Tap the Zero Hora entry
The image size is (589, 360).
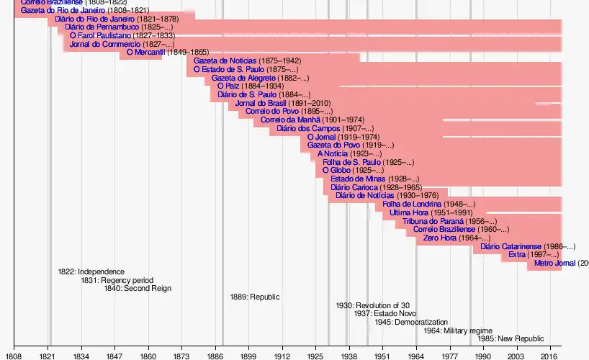point(440,238)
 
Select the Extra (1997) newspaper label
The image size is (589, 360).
point(517,255)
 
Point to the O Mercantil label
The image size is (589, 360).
point(146,52)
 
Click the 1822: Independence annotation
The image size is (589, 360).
point(91,271)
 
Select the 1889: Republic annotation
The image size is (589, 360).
point(255,297)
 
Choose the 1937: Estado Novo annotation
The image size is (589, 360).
point(385,313)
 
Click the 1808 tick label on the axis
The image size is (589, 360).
point(14,356)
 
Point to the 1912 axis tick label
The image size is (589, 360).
point(282,356)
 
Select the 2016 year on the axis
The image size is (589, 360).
point(550,356)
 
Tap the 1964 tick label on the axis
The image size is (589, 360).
point(415,356)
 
